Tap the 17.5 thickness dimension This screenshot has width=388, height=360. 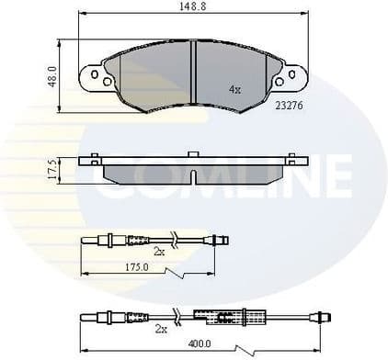[x=51, y=169]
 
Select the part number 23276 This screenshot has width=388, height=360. [x=289, y=106]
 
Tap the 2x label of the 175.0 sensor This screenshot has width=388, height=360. [x=158, y=250]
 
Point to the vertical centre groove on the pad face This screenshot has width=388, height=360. [x=192, y=69]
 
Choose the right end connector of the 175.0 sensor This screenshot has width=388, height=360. [x=219, y=241]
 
